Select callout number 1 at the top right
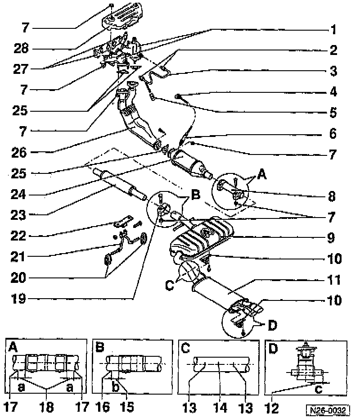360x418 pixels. [332, 31]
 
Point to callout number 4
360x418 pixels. [332, 92]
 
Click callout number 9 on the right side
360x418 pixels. [332, 238]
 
